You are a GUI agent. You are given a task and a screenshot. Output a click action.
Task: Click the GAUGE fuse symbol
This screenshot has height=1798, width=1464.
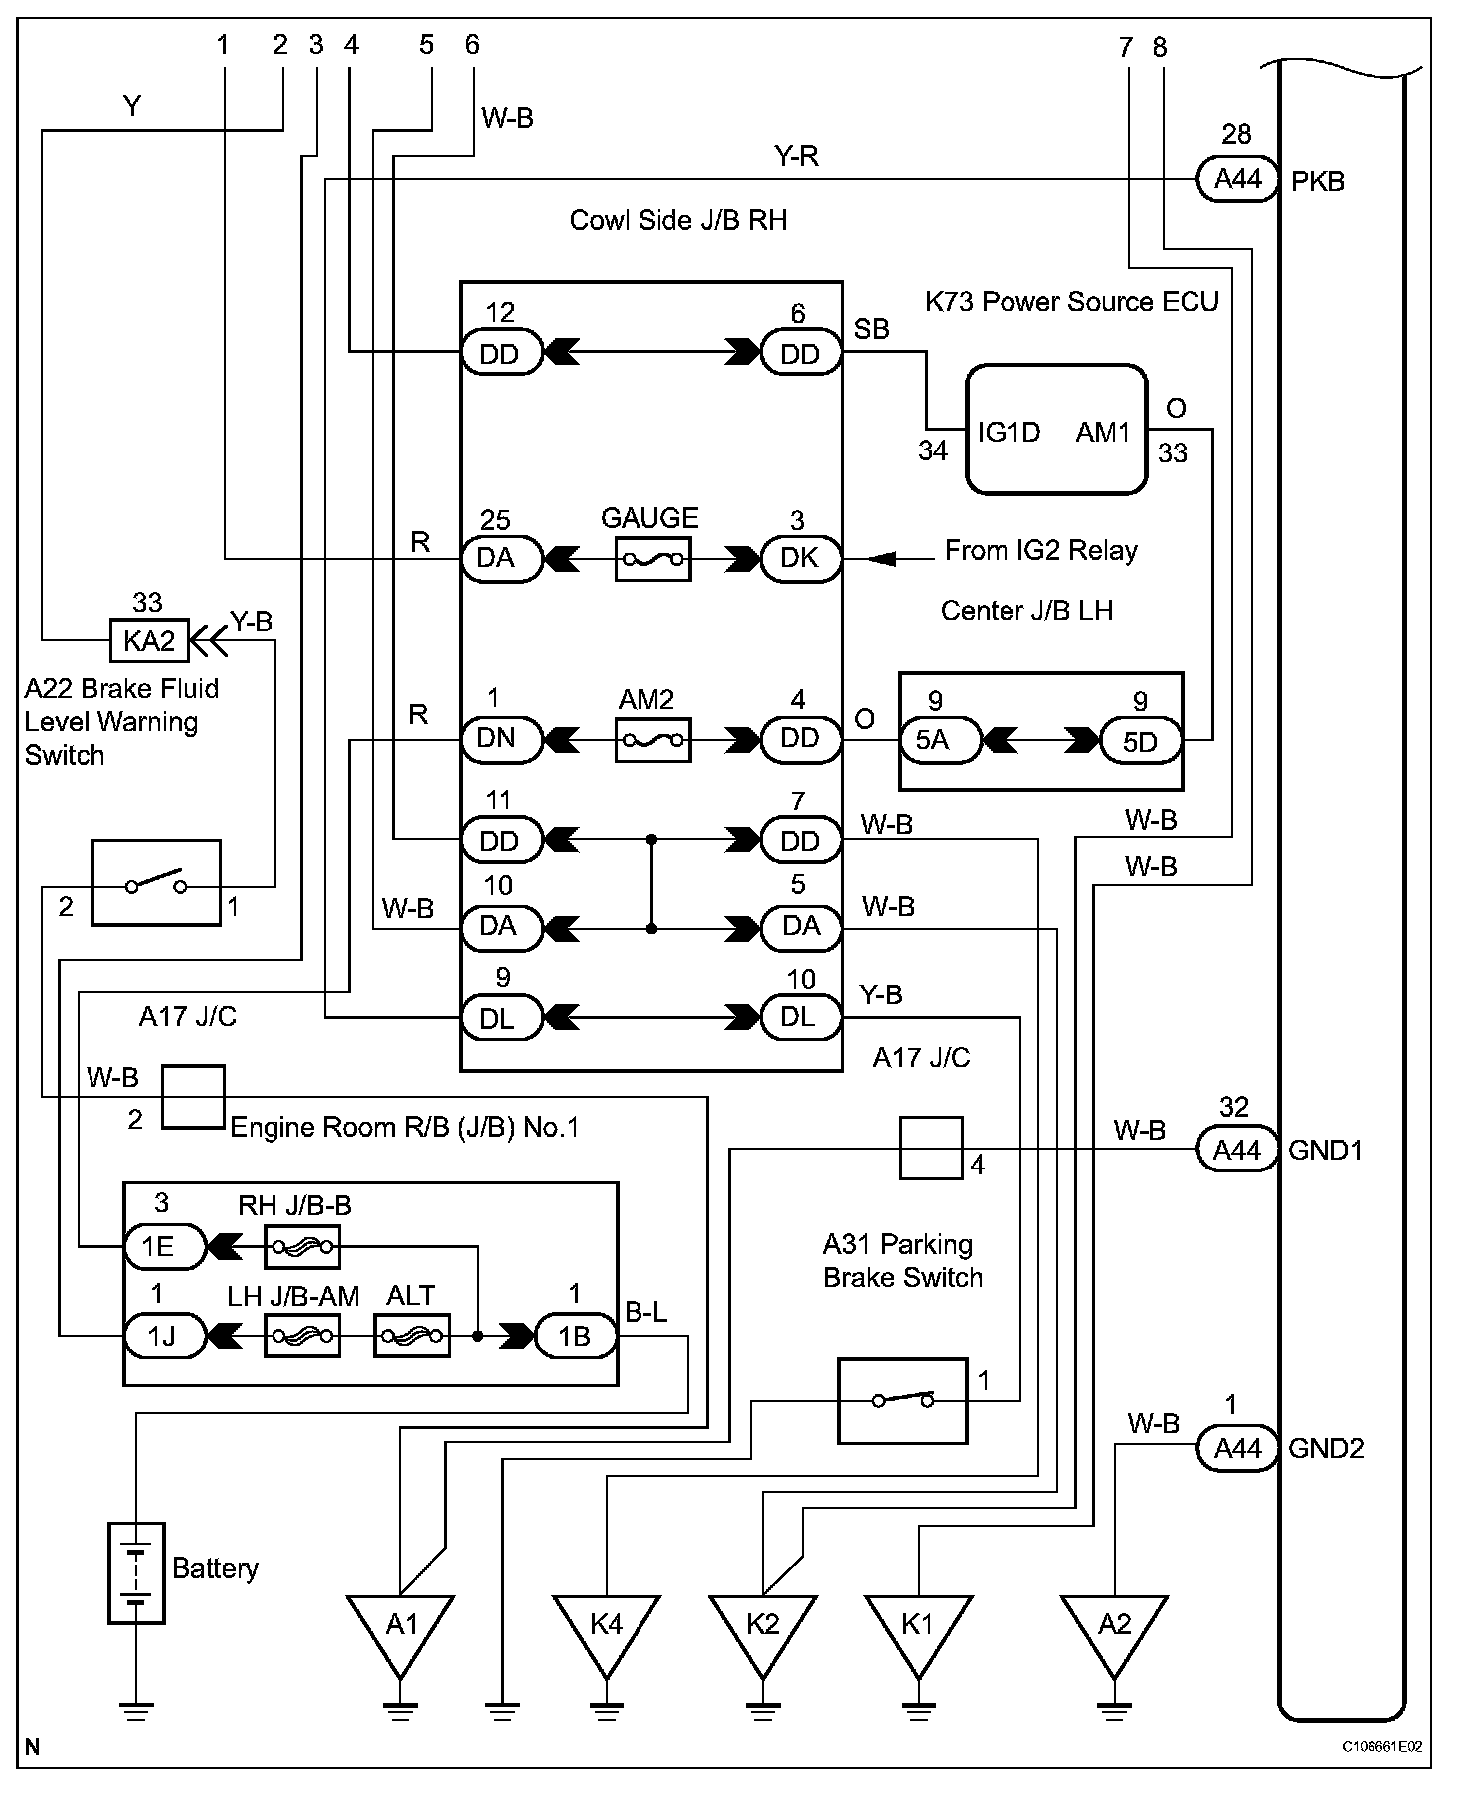(652, 560)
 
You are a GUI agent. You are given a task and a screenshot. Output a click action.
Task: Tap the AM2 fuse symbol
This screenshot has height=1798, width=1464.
(652, 740)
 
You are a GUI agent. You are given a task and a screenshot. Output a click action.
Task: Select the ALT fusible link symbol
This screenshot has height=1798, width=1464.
(411, 1336)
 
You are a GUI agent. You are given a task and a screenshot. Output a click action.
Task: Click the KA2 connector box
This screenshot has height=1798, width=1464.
(148, 641)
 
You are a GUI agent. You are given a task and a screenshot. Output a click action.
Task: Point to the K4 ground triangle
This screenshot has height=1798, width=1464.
(606, 1628)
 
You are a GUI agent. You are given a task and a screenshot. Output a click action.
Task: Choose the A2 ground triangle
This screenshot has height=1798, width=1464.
(1114, 1628)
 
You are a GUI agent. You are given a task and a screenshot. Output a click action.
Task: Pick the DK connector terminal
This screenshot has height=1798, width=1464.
(801, 559)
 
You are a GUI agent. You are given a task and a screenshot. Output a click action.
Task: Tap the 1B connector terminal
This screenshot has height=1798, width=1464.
(576, 1336)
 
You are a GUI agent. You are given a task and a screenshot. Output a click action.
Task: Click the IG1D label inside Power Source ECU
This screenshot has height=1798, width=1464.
(1008, 432)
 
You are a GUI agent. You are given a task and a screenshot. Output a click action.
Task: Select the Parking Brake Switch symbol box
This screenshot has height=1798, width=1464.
(902, 1400)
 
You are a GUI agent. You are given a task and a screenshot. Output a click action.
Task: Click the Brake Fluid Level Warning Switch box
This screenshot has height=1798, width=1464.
(156, 883)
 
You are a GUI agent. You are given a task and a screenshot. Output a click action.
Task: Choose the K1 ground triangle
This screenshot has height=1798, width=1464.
(917, 1628)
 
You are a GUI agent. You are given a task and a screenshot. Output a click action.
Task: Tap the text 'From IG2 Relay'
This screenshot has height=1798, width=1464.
(1040, 551)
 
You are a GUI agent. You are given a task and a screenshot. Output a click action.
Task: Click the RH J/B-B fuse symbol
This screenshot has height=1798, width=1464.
(302, 1247)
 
